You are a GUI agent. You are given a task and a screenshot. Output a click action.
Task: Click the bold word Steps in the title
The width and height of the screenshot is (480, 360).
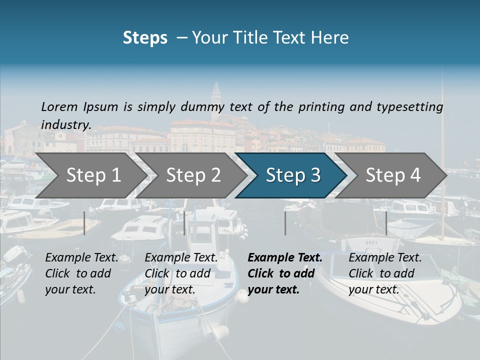pos(145,38)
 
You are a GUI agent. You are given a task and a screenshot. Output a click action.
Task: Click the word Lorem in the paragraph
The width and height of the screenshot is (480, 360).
pos(59,106)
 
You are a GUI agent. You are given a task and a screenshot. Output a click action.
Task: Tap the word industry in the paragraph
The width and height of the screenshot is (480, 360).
pos(65,125)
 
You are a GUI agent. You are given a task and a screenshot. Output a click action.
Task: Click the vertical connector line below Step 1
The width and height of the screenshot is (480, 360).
pos(84,223)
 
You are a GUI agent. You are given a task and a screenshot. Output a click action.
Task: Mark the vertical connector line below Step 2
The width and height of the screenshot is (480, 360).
pos(184,223)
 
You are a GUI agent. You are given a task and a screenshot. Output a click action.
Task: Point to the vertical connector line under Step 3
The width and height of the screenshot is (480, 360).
pos(285,223)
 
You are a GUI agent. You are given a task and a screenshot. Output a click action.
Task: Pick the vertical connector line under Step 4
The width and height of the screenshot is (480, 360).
pos(386,223)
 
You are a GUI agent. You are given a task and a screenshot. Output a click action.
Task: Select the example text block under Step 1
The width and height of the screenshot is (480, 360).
pos(80,273)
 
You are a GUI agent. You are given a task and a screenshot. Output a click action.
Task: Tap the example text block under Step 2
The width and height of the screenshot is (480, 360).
pos(180,273)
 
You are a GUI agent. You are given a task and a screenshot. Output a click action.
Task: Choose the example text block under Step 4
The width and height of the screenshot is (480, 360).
pos(384,273)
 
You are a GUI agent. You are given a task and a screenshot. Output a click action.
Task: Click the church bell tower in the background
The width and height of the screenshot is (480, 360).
pos(216,97)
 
